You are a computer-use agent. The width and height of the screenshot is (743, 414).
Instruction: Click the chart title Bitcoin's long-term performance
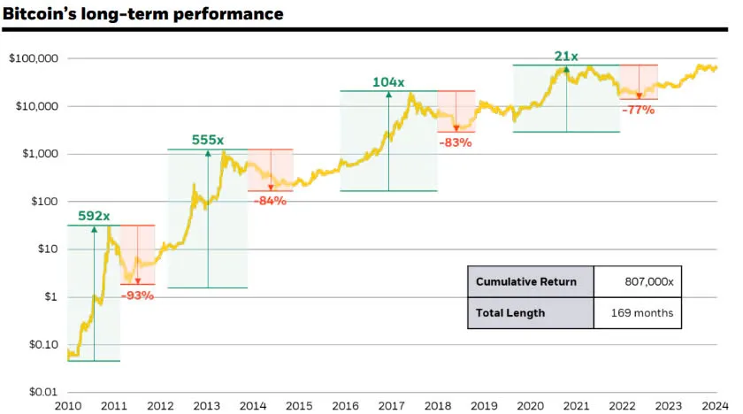pos(142,14)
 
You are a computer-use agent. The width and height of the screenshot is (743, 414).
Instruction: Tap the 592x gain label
pos(94,215)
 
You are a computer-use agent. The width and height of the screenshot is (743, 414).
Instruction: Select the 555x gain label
pos(209,140)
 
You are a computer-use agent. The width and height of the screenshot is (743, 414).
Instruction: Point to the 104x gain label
pos(388,81)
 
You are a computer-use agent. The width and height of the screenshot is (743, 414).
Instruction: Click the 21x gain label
pos(566,57)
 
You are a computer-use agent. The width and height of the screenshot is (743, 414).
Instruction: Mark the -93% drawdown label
pos(136,295)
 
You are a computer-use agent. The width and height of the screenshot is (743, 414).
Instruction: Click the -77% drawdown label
pos(637,111)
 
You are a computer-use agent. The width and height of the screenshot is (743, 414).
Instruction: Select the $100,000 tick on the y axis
pos(33,58)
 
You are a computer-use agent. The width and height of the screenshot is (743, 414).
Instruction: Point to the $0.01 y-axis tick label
pos(42,391)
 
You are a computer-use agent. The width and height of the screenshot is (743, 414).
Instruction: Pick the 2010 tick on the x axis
pos(68,405)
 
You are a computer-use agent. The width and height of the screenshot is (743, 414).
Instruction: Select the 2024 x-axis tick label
pos(714,405)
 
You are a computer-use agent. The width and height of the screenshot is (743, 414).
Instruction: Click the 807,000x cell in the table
pos(649,282)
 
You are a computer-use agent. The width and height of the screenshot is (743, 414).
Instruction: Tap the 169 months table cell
pos(642,312)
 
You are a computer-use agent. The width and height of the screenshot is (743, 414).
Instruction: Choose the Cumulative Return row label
pos(526,282)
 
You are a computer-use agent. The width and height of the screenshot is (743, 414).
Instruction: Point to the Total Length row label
pos(510,312)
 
